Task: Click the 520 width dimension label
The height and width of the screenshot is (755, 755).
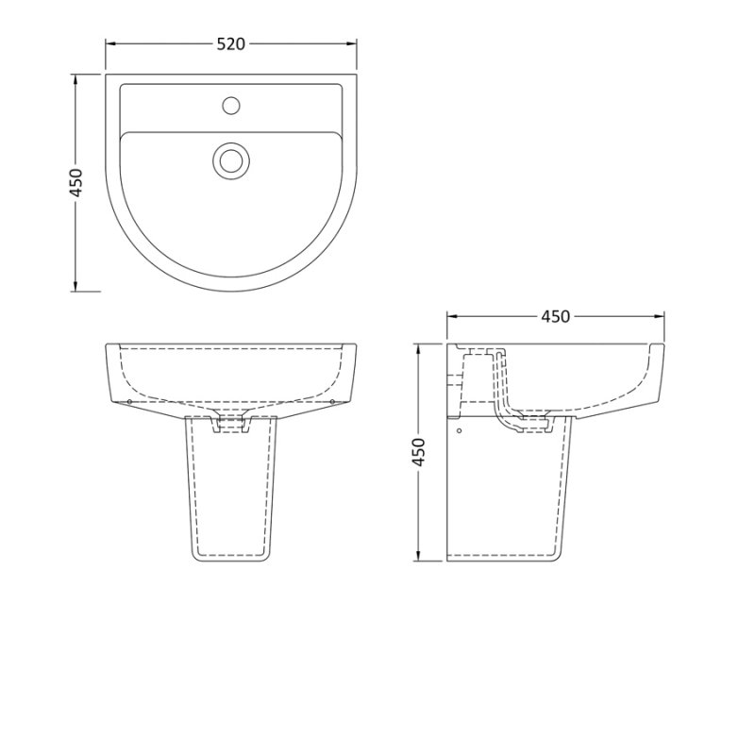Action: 231,43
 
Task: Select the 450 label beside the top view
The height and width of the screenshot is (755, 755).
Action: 77,182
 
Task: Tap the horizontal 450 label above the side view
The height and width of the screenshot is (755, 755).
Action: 555,316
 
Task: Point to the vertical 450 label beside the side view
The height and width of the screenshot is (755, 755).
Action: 420,451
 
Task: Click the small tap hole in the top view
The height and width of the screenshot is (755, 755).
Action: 229,105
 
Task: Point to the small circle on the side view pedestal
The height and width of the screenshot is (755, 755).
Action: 459,431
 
